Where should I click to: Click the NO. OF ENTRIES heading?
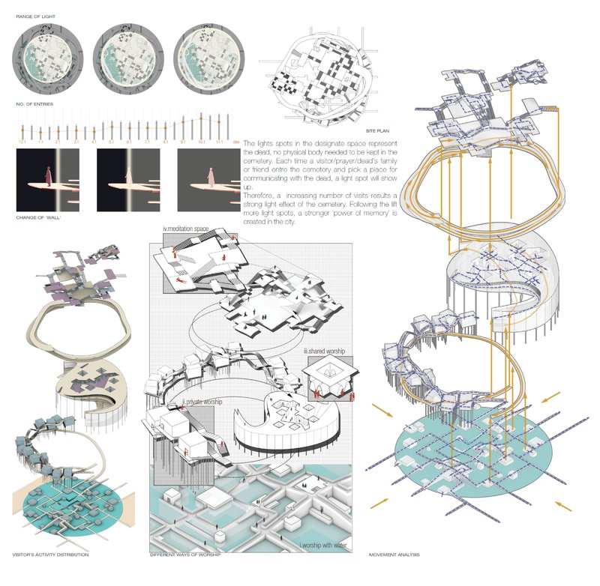31,103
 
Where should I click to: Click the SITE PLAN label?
316,130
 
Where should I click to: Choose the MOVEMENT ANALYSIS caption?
394,555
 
